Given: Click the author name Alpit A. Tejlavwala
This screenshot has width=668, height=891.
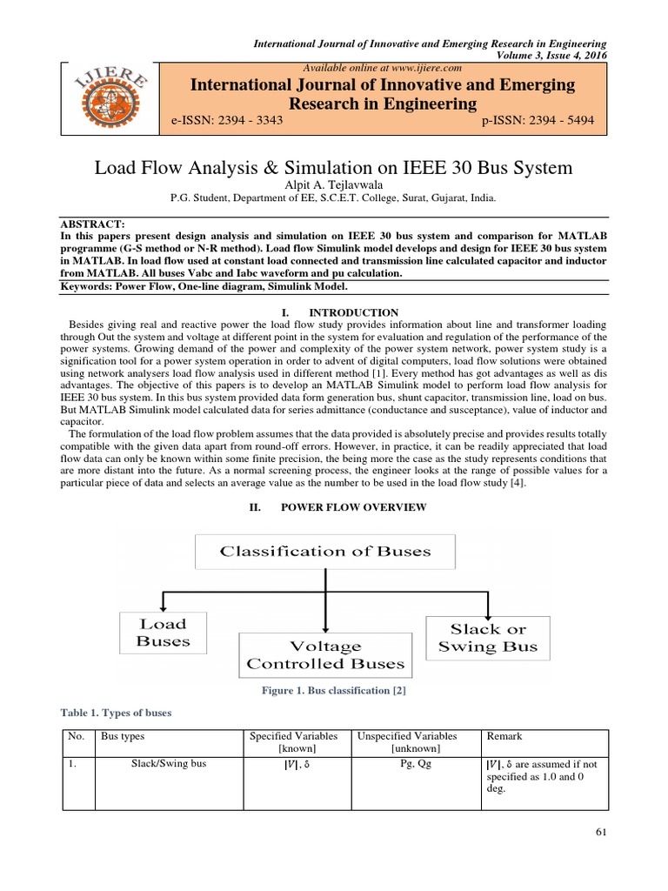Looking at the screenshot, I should pos(334,183).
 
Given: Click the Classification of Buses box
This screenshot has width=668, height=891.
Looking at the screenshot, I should pos(324,552).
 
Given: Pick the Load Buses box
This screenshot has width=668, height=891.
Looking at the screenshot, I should pos(164,633).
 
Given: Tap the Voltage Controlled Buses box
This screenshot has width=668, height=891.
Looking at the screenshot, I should pos(325,655).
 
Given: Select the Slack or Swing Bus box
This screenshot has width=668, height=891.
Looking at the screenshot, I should pos(488,638).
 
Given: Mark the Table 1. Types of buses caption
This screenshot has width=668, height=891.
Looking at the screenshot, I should pos(117,713).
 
